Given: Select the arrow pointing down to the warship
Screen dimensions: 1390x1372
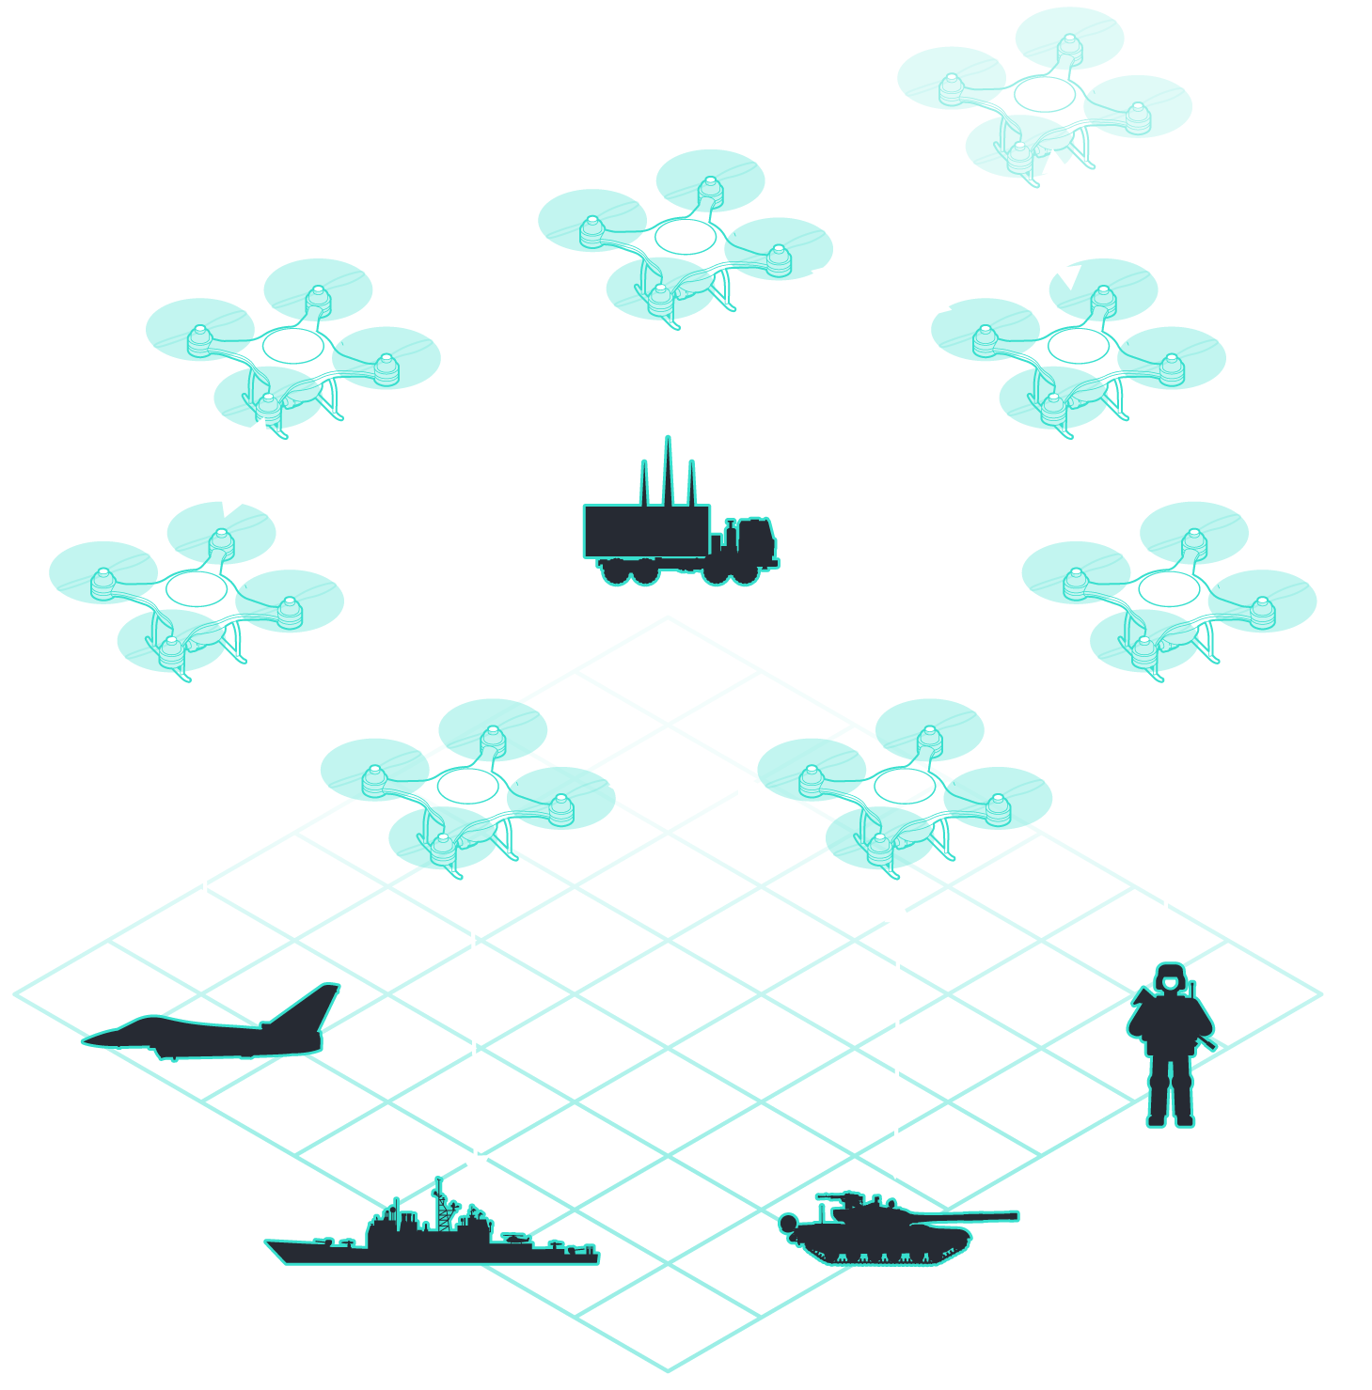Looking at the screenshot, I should (x=475, y=1039).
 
